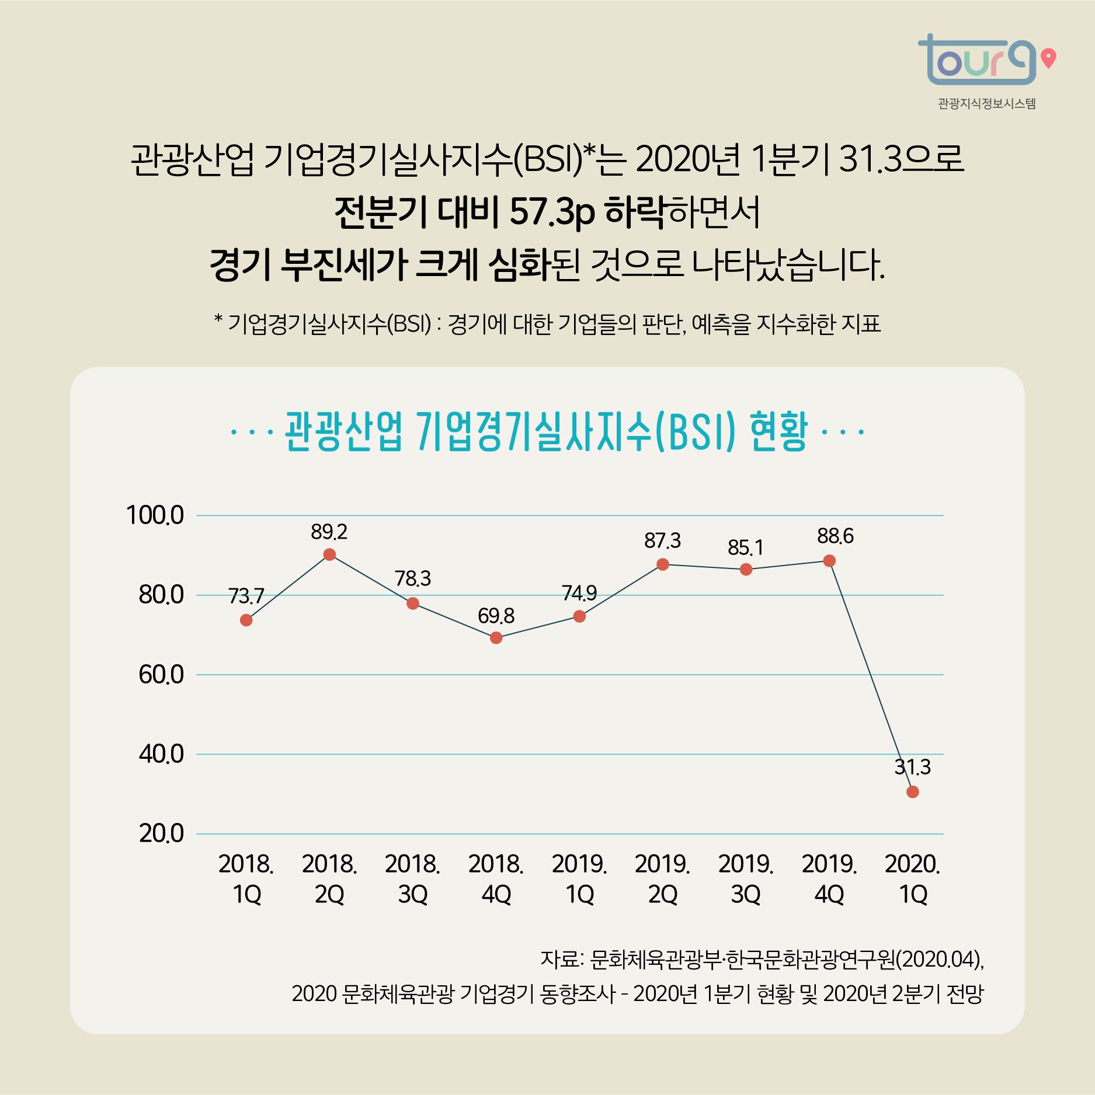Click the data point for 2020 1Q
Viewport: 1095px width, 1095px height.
912,791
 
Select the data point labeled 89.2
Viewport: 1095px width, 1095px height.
329,555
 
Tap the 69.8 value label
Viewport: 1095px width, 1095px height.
496,616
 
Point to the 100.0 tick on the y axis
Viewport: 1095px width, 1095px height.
155,515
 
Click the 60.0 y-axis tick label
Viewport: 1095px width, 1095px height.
161,675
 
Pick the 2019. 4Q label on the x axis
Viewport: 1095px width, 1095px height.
829,878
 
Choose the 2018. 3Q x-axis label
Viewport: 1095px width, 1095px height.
413,878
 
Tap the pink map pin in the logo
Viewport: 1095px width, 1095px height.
1049,58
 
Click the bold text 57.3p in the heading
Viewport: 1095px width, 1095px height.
552,212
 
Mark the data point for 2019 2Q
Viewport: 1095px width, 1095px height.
662,564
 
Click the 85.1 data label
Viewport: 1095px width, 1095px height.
745,547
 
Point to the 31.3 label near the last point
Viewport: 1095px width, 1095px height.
912,767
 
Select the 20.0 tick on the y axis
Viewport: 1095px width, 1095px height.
161,834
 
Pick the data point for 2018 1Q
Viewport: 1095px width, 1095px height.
246,620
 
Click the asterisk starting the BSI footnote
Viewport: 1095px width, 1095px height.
218,319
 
